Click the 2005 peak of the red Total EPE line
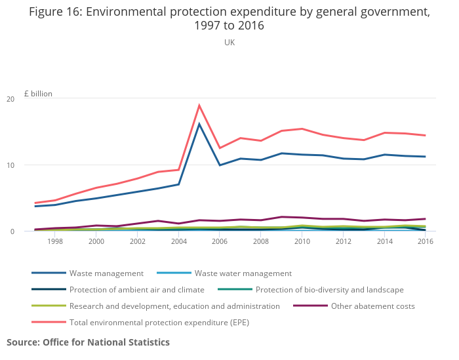pos(199,106)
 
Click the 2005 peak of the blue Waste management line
pos(199,124)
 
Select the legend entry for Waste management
pos(106,273)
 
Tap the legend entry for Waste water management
pos(243,273)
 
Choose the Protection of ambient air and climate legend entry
pos(136,289)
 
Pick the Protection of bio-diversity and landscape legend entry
pos(329,289)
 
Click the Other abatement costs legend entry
pos(373,306)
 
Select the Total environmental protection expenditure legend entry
pos(159,322)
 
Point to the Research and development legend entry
pos(174,306)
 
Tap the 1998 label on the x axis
pos(55,241)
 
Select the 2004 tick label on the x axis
pos(178,241)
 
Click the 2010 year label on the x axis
pos(302,241)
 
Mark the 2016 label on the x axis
pos(425,241)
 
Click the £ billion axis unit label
pos(38,93)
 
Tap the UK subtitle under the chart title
pos(229,42)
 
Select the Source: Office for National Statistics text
pos(88,342)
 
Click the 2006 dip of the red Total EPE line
pos(220,148)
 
